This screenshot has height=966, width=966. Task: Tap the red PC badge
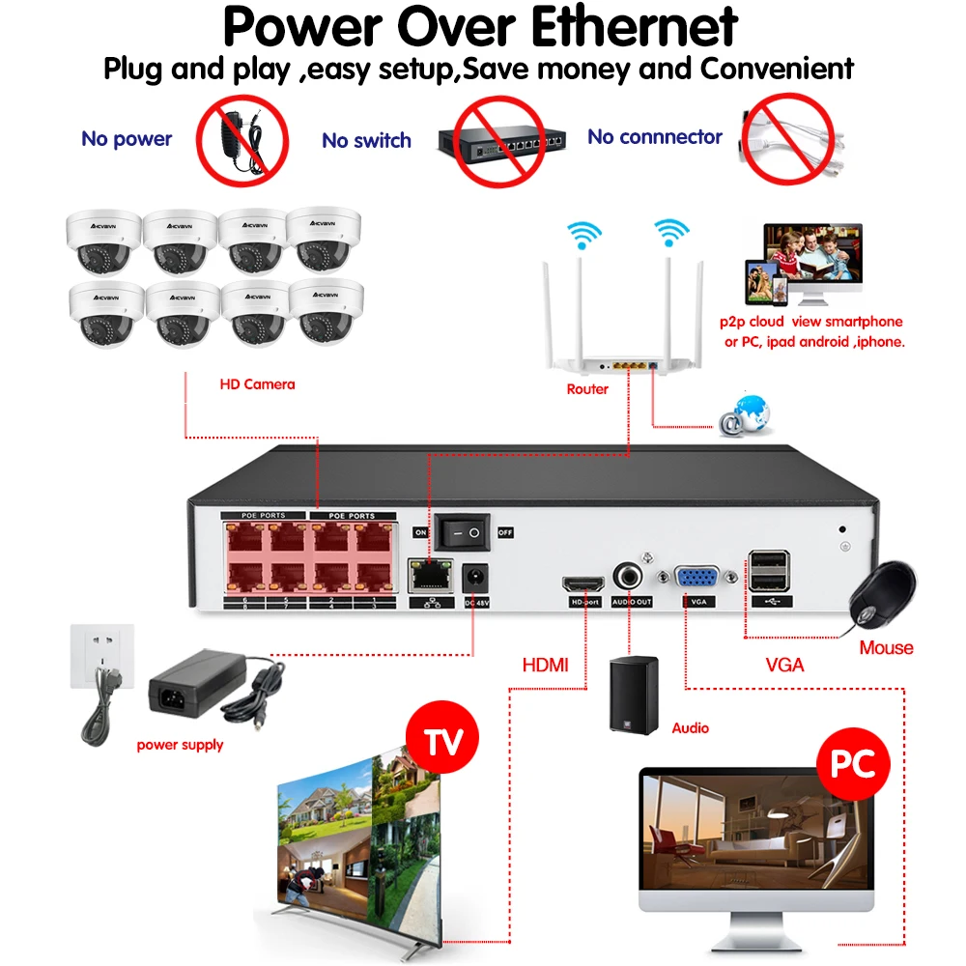pyautogui.click(x=852, y=766)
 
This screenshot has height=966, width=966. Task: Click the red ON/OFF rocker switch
pyautogui.click(x=462, y=531)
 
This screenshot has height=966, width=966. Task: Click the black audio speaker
pyautogui.click(x=634, y=695)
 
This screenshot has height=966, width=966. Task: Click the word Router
pyautogui.click(x=587, y=389)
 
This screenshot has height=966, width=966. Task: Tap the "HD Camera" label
pyautogui.click(x=256, y=384)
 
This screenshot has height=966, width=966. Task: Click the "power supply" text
pyautogui.click(x=180, y=745)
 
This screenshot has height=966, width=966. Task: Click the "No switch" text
pyautogui.click(x=366, y=141)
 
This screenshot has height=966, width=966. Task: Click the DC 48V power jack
pyautogui.click(x=475, y=578)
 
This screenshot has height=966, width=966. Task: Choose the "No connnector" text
pyautogui.click(x=654, y=137)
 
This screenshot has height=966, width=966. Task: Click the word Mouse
pyautogui.click(x=886, y=647)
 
